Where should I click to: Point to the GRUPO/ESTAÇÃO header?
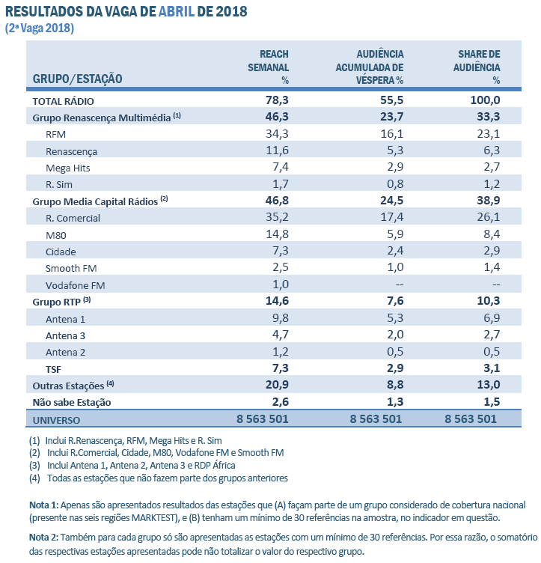(78, 79)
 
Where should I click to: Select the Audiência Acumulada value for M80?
(393, 234)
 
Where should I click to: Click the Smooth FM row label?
(70, 268)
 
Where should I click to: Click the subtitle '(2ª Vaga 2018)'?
(40, 28)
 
